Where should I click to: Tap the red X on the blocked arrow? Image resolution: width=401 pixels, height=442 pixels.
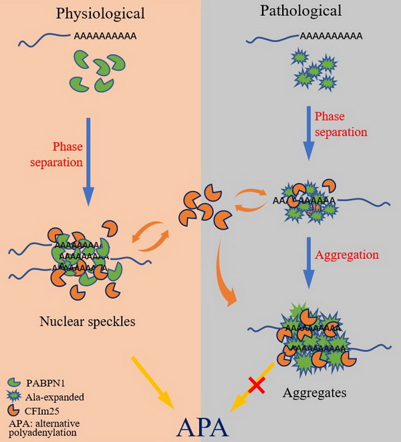[x=255, y=383]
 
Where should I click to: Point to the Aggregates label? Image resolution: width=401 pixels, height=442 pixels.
[x=315, y=393]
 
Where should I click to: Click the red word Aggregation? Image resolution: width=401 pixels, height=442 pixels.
[x=348, y=254]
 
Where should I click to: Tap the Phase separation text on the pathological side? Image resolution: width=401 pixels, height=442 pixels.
[x=341, y=125]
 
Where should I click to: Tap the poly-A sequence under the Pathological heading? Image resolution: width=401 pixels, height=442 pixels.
[x=330, y=36]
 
